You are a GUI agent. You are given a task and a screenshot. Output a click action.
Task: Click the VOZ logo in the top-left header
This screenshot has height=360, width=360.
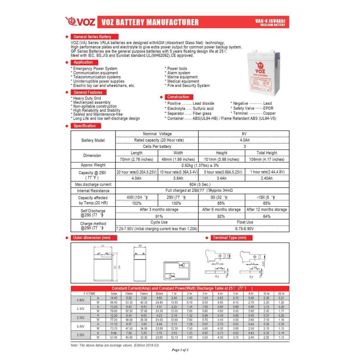[80, 22]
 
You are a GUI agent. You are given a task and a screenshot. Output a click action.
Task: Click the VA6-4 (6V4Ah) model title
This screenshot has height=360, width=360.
[270, 21]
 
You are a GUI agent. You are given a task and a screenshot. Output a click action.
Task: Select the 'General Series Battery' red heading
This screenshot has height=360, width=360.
[92, 37]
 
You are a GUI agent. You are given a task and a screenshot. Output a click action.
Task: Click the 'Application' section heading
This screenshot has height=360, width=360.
[83, 62]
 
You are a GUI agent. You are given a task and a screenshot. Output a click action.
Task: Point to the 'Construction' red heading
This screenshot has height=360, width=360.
[178, 97]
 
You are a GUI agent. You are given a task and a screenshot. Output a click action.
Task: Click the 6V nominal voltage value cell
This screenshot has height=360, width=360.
[244, 134]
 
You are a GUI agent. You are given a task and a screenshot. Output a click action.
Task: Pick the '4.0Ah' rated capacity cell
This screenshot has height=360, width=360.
[244, 140]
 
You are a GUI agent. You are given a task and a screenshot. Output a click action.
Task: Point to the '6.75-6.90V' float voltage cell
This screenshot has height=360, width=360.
[244, 229]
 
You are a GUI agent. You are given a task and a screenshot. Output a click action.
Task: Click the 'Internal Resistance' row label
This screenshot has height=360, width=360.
[93, 191]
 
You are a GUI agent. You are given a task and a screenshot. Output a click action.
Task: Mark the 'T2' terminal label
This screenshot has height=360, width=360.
[251, 277]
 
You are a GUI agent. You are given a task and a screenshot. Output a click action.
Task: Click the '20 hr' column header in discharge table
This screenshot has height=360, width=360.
[281, 293]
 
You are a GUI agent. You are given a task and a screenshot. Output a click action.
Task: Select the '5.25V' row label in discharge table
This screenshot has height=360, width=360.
[81, 317]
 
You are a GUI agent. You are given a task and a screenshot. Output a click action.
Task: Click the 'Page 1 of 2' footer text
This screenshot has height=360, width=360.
[180, 350]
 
